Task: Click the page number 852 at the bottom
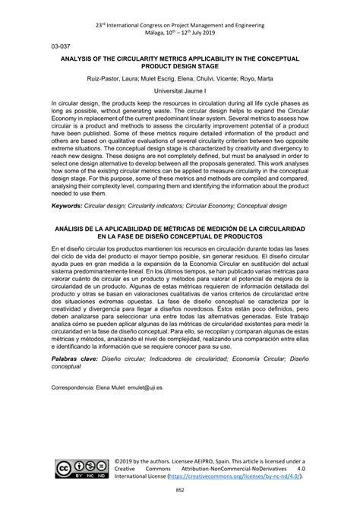point(180,495)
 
